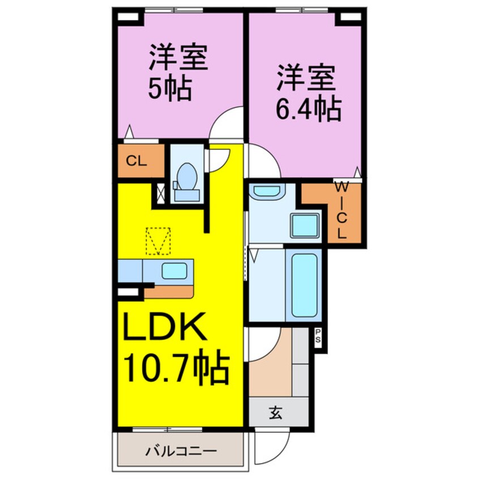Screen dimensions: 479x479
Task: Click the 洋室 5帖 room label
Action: [177, 73]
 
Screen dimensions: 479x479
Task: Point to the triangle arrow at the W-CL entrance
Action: [357, 172]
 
